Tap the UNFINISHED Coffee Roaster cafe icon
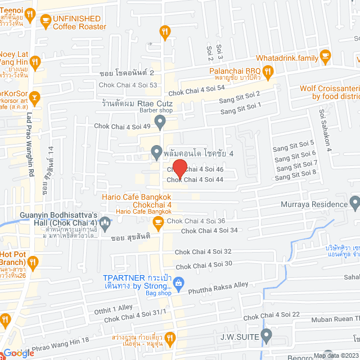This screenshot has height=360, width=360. (45, 21)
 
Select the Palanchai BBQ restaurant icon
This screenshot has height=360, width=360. (268, 71)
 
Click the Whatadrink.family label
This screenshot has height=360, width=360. (287, 57)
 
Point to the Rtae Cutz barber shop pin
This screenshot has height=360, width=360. (160, 121)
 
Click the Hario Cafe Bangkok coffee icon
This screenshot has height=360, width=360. (158, 222)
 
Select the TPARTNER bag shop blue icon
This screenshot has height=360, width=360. (178, 282)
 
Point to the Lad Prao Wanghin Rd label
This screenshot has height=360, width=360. (30, 146)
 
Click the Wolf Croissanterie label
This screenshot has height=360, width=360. (329, 88)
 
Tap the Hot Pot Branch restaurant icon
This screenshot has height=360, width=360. (33, 262)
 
